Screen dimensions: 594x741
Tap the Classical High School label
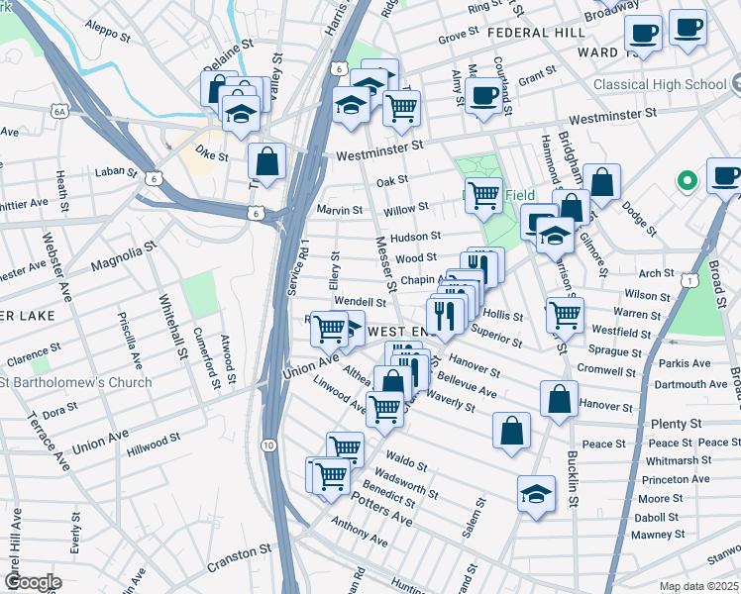pos(660,84)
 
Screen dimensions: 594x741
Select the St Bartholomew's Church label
pos(76,382)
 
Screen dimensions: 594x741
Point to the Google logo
pos(32,582)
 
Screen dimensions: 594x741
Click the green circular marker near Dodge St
pos(684,181)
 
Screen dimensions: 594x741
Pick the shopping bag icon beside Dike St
pos(267,159)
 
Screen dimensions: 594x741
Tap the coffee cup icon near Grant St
pos(483,96)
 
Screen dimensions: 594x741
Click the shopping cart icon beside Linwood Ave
pos(384,407)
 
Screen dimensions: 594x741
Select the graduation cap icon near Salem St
pos(536,491)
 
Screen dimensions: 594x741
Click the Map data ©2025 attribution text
pos(698,586)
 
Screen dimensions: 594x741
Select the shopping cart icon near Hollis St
pos(565,315)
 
